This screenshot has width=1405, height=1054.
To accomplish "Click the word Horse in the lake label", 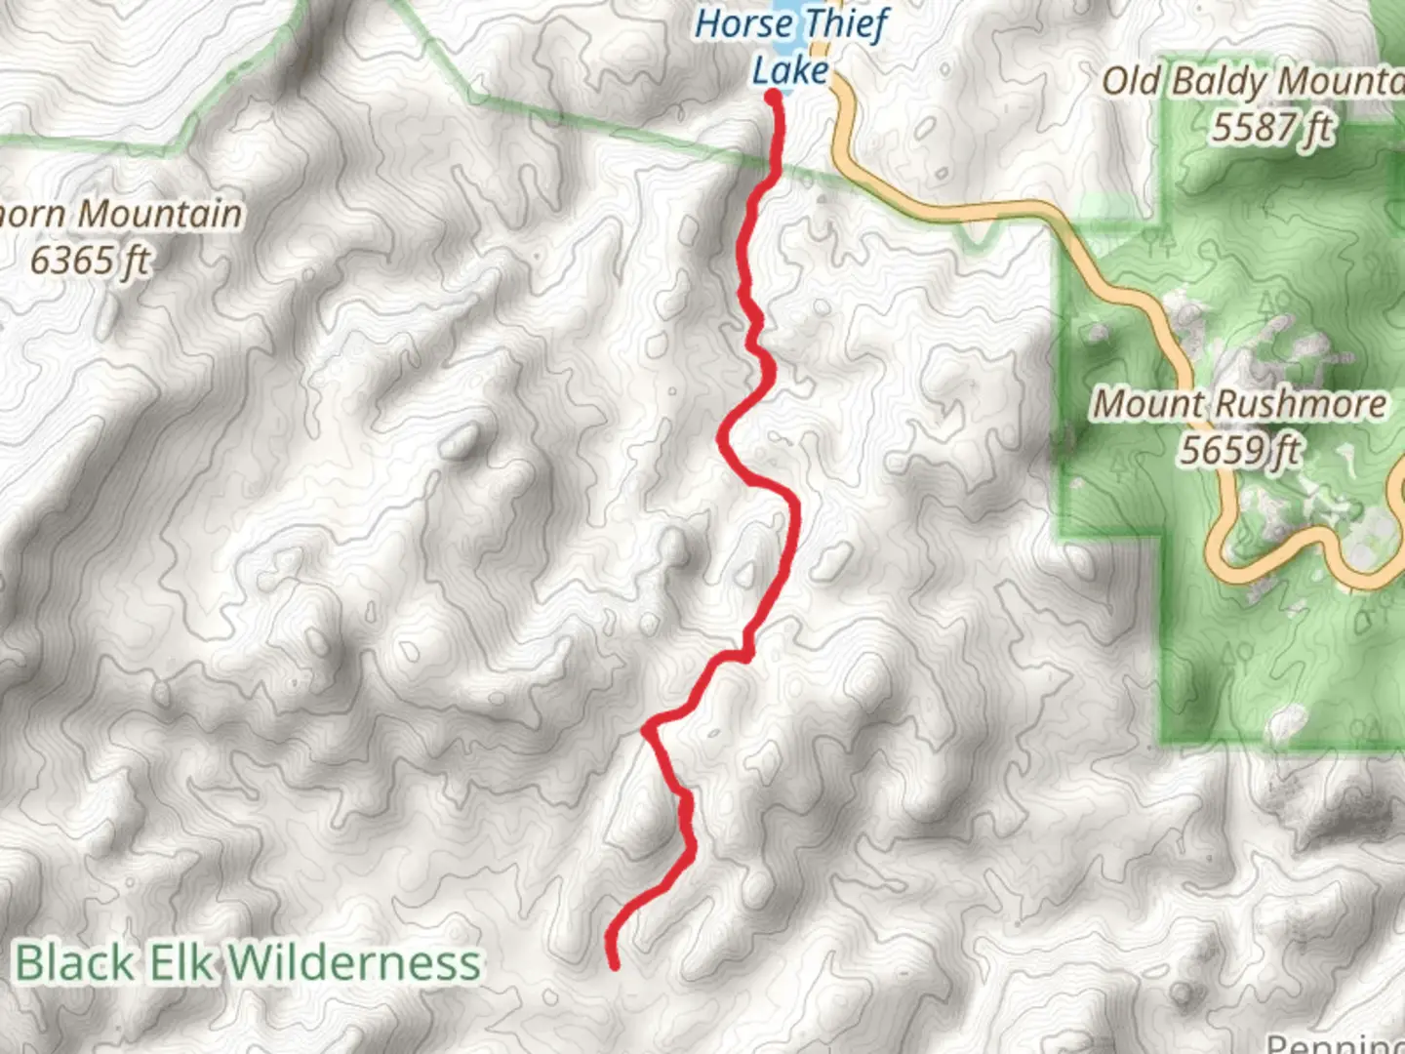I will (x=741, y=23).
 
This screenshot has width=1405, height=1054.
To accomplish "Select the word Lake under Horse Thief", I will (x=789, y=70).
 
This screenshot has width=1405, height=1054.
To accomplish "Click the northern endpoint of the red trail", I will (x=774, y=97).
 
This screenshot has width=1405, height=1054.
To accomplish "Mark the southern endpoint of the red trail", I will (x=615, y=965).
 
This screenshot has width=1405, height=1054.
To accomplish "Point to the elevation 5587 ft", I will (x=1271, y=127).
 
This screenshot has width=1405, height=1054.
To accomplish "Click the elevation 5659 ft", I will (x=1239, y=450).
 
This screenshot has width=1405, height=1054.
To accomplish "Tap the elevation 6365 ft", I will (x=90, y=261).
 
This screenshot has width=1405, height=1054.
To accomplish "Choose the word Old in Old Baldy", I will (x=1132, y=81).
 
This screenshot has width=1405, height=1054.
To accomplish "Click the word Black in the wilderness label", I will (x=75, y=962).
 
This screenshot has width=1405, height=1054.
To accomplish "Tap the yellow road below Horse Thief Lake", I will (x=845, y=137).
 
